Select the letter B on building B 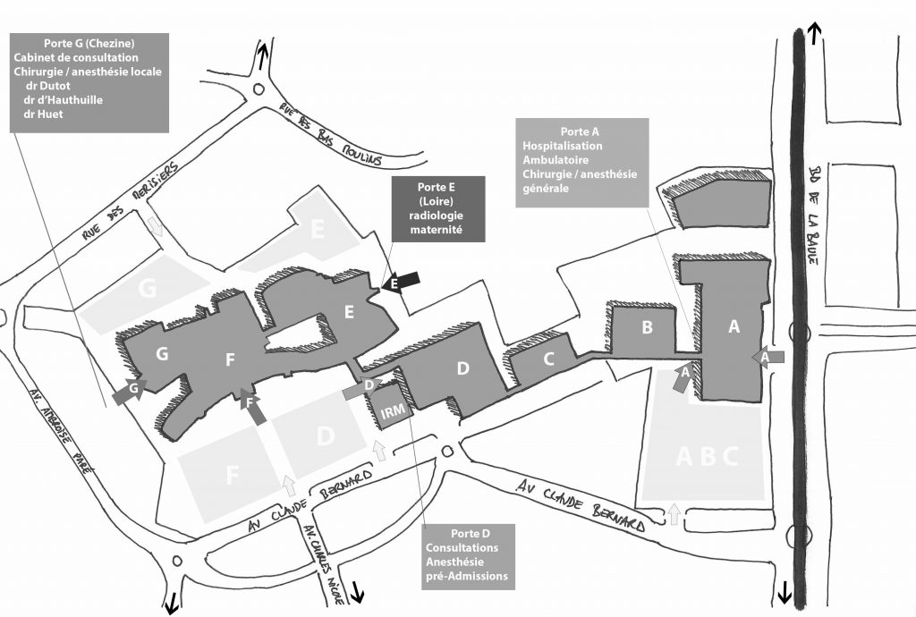tap(647, 328)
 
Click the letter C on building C tap(548, 361)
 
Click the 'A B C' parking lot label tap(707, 457)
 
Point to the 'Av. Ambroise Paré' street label tap(72, 437)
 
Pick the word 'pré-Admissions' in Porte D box tap(467, 577)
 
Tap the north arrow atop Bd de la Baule tap(813, 34)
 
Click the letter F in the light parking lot tap(233, 476)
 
